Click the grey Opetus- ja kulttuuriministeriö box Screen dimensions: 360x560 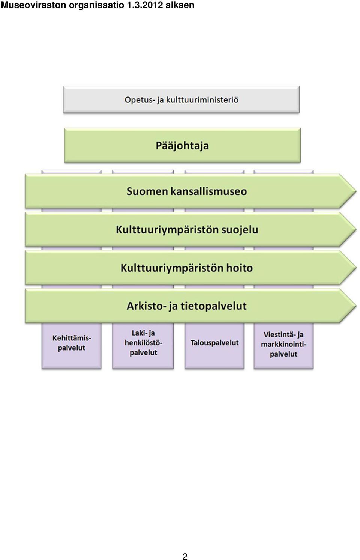[x=181, y=99]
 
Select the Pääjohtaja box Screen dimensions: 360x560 [x=182, y=145]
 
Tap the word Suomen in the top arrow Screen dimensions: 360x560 [x=147, y=191]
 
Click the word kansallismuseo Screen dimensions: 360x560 [x=208, y=191]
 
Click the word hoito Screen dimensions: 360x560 [x=239, y=268]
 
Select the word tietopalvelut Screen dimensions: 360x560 [x=213, y=306]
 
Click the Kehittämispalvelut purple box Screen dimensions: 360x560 [x=72, y=346]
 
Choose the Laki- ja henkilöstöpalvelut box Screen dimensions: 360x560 [x=143, y=346]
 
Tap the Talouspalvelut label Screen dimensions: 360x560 [x=214, y=343]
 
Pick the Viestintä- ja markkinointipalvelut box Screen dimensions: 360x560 [x=283, y=346]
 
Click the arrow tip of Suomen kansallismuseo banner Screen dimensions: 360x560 [x=356, y=191]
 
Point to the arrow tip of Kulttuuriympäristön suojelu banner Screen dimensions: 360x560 [x=356, y=229]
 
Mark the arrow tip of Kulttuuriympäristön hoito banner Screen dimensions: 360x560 [x=356, y=268]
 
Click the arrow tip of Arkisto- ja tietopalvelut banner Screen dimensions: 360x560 [x=356, y=306]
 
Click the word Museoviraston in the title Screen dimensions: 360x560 [x=34, y=5]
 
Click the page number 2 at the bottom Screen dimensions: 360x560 [x=185, y=554]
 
